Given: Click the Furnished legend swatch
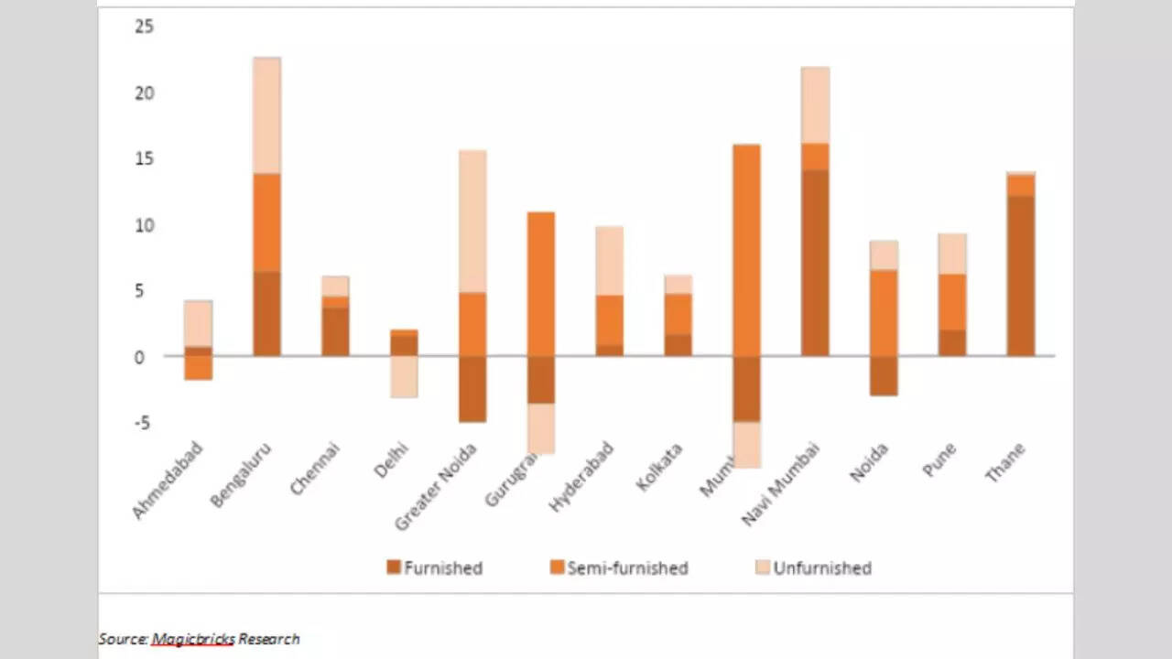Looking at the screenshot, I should (x=394, y=567).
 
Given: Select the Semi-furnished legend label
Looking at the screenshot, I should (x=627, y=567).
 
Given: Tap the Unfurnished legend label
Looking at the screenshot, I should (x=822, y=567).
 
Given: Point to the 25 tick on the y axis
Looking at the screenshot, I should (x=144, y=27).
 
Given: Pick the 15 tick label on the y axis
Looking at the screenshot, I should (x=144, y=159).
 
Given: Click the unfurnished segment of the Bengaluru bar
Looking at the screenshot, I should (x=266, y=115).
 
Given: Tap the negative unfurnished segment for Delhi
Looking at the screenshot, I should (x=404, y=376).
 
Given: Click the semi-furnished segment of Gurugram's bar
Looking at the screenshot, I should (x=540, y=284).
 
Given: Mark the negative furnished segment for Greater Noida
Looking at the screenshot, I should (x=472, y=389).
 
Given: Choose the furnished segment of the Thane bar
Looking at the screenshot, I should (x=1021, y=275).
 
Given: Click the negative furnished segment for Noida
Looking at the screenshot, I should (x=884, y=375).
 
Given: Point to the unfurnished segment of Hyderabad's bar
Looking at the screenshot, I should (x=609, y=260).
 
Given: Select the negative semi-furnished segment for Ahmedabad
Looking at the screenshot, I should (x=198, y=367).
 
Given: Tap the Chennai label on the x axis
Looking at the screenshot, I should (x=315, y=469).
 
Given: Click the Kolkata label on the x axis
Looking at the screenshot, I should (x=659, y=467).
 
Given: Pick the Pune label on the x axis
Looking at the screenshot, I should (x=939, y=459).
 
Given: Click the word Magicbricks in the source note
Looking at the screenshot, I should (x=192, y=639).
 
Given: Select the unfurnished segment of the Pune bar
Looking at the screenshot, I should (x=952, y=254).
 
